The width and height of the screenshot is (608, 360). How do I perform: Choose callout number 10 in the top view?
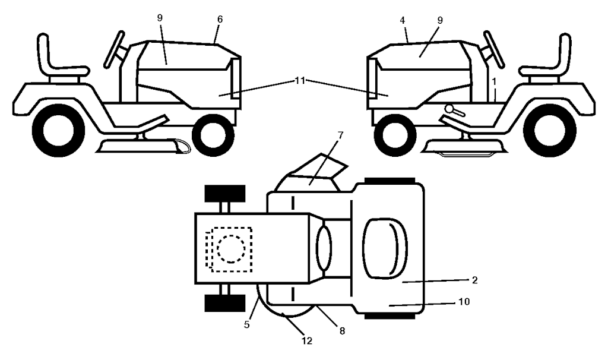464,302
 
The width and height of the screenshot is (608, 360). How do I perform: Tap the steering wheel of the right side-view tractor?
493,49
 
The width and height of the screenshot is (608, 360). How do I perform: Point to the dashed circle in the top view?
229,250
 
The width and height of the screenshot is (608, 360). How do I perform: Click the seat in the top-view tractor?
385,248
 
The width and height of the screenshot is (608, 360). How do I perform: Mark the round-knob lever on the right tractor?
452,110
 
